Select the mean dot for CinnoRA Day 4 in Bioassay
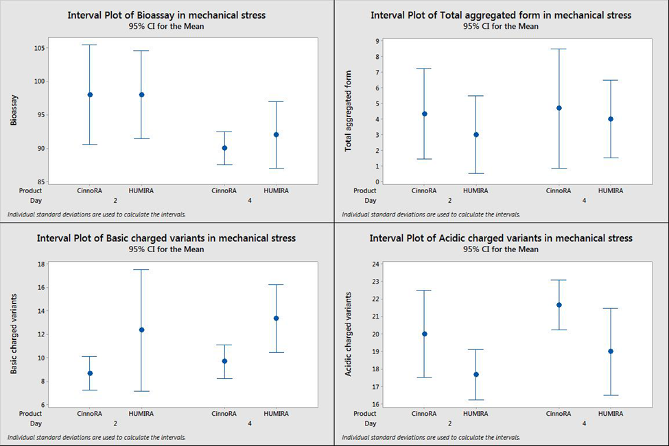coord(224,148)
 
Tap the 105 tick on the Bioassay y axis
coord(36,48)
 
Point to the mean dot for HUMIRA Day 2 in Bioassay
coord(141,95)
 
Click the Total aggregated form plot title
coord(501,15)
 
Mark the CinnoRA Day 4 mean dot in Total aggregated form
coord(559,108)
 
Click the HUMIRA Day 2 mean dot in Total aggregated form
coord(476,134)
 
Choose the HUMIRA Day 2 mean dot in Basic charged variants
coord(141,330)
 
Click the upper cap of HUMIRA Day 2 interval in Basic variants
coord(141,270)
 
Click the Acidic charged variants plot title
coord(501,238)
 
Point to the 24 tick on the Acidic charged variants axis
coord(375,264)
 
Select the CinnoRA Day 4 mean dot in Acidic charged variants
coord(559,305)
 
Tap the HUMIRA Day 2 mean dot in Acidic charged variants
coord(476,374)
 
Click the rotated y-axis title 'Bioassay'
coord(14,110)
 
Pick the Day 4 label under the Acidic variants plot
coord(584,423)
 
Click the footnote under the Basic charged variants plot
coord(96,437)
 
